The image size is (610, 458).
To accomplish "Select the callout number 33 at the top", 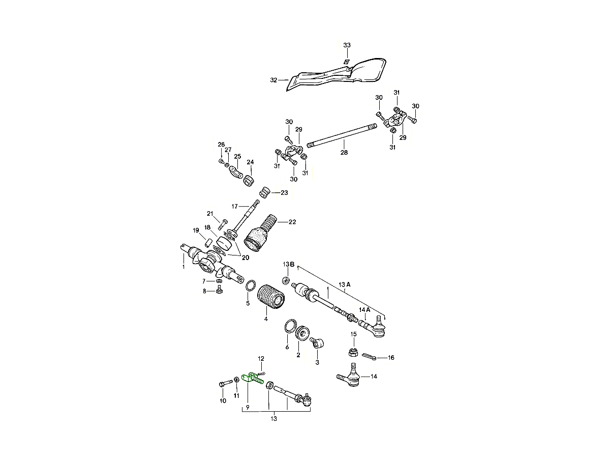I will click(347, 45).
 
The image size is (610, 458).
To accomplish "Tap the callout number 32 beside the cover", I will click(273, 80).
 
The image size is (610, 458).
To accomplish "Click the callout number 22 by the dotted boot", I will click(292, 222).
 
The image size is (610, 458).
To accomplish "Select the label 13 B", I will click(289, 265).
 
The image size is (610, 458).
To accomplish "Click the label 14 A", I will click(364, 309).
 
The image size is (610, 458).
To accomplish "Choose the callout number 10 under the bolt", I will click(223, 401).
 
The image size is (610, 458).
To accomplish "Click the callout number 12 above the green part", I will click(261, 359).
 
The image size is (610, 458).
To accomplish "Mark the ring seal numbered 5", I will click(250, 285).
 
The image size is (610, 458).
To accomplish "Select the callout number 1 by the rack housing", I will click(184, 267).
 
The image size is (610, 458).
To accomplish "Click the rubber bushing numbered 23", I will click(264, 193).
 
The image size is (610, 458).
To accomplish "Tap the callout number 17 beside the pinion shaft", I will click(235, 206).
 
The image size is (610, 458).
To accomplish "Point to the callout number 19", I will click(196, 231).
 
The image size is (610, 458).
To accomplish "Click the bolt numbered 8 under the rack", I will click(220, 290).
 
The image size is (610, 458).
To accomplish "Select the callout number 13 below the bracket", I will click(273, 419).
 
